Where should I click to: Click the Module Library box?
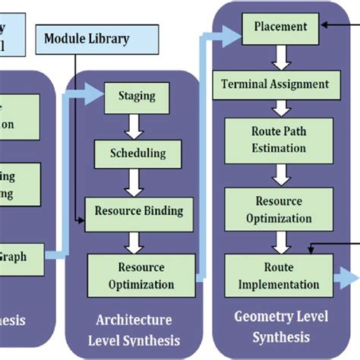(x=87, y=38)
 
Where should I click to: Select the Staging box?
(x=137, y=96)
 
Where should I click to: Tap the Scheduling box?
(x=137, y=153)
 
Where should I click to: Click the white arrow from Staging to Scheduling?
(x=137, y=125)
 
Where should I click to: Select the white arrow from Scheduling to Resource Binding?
(x=137, y=180)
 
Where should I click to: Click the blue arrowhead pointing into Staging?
(x=96, y=95)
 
